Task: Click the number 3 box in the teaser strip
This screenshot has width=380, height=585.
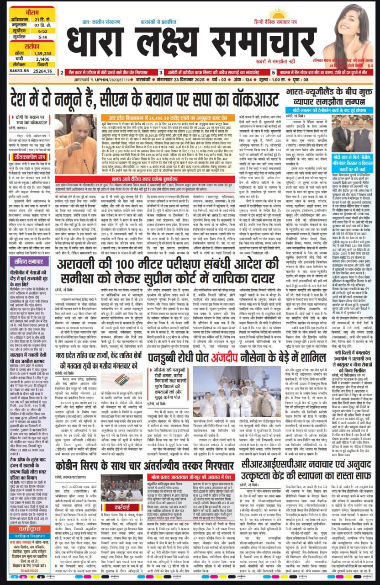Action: (x=161, y=72)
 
